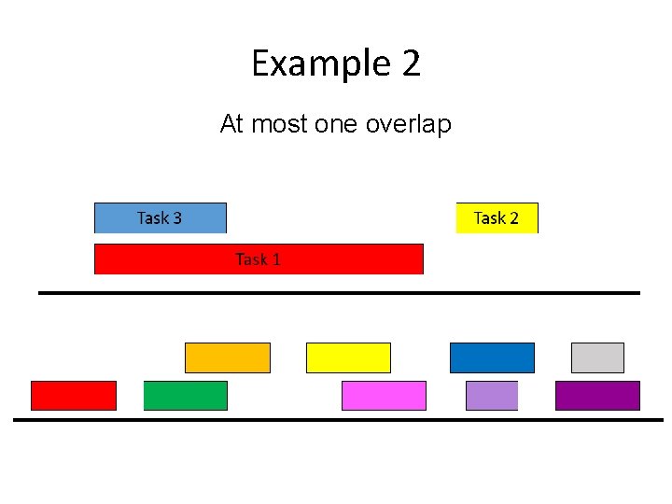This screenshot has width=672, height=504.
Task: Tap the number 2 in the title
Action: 412,64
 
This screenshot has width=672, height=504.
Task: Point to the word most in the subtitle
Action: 281,123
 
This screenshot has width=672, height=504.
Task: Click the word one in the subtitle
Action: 336,123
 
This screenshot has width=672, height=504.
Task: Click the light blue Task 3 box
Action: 160,217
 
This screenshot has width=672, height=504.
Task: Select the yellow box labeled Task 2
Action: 497,217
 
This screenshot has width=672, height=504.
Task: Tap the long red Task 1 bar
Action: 259,259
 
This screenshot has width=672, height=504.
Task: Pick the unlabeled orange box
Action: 227,357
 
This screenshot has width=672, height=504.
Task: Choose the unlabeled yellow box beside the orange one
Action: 348,357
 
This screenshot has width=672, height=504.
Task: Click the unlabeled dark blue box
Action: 492,357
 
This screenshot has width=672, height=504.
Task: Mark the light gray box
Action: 597,357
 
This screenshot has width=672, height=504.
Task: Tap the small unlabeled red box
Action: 74,396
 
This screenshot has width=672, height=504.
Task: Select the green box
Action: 185,396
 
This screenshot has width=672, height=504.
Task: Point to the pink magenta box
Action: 384,396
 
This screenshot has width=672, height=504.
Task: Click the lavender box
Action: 491,396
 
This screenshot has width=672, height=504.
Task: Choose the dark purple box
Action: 597,396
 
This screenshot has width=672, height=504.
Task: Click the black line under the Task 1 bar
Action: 339,293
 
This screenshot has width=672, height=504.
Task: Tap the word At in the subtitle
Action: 231,123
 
